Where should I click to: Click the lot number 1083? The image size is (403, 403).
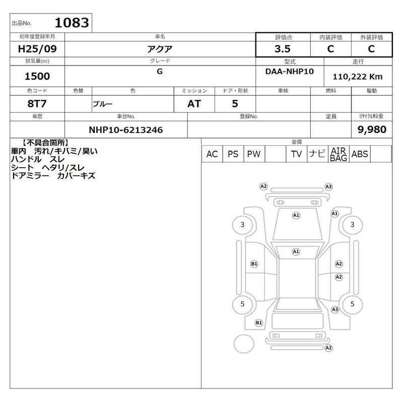[x=72, y=23]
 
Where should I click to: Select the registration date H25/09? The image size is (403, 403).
[x=37, y=49]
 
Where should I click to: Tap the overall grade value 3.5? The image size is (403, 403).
[x=283, y=49]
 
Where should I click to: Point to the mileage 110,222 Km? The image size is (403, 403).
[x=358, y=77]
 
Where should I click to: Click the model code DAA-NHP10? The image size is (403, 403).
[x=289, y=71]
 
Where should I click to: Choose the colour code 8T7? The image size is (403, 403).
[x=37, y=104]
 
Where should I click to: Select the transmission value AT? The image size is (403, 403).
[x=194, y=104]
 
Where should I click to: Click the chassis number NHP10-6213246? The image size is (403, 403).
[x=125, y=130]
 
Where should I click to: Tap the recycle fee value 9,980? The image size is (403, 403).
[x=372, y=129]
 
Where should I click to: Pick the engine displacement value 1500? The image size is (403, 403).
[x=37, y=76]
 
